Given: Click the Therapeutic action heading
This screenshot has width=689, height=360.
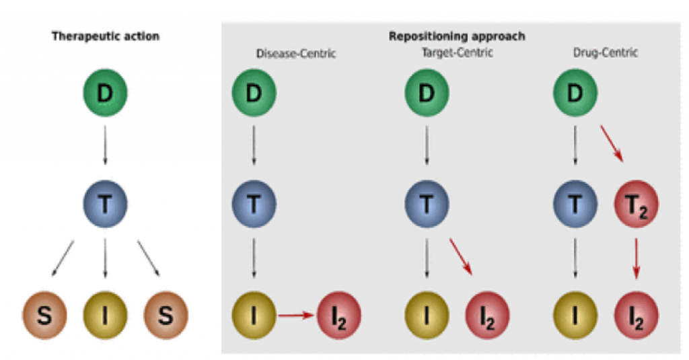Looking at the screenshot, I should [106, 36].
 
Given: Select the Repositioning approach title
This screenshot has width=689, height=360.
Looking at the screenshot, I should [457, 36].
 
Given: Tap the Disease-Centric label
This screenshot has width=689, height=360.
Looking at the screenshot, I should [296, 54].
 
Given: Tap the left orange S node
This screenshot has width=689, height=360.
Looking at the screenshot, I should [44, 314].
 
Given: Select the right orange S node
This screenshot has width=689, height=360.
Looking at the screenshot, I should [166, 314].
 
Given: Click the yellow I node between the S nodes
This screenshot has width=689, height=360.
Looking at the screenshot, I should [105, 314].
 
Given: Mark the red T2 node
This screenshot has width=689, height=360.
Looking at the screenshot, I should [636, 204].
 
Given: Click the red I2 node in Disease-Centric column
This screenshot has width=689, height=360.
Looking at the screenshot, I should [338, 314].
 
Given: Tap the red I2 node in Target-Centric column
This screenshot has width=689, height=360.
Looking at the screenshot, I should [488, 314].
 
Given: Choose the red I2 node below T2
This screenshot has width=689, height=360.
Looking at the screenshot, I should [636, 314].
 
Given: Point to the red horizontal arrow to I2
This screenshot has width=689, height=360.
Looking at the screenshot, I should [296, 314].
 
